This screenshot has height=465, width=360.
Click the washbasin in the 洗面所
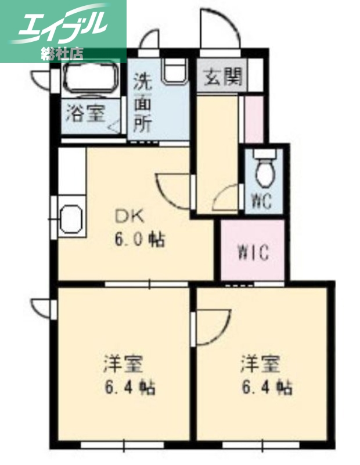pyautogui.click(x=175, y=73)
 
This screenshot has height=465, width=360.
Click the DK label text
pyautogui.click(x=131, y=217)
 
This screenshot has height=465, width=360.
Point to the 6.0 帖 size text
pyautogui.click(x=139, y=239)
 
